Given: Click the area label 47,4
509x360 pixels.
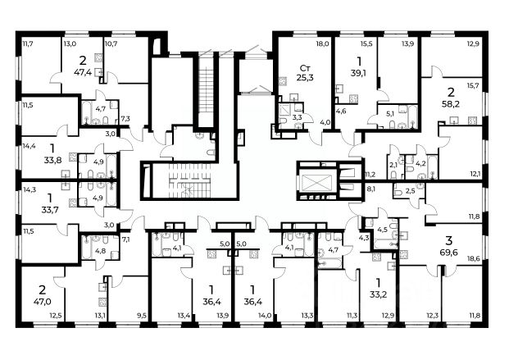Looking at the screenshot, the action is pos(83,72).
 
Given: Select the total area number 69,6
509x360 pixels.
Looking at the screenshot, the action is pos(449,253).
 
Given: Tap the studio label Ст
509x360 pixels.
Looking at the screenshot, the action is pos(304,68).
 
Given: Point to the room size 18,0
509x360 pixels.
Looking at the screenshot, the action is pos(323,43).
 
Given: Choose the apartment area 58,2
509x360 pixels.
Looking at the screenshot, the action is pos(451,104).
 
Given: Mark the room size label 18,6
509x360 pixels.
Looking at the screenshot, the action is pos(475,259).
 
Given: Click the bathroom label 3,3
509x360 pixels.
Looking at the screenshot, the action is pos(297,117).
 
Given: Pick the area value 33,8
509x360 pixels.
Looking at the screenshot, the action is pos(52,160).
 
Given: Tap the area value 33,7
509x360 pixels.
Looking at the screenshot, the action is pos(50,210).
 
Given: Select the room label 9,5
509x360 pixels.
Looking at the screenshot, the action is pos(143,315).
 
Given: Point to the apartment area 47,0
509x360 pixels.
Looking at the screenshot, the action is pos(43,301).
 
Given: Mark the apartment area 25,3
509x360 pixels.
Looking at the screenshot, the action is pos(305,78).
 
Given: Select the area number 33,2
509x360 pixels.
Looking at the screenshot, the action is pos(378,294).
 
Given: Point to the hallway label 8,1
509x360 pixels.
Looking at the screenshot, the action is pos(370,189).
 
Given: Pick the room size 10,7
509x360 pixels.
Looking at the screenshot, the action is pos(110,43).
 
